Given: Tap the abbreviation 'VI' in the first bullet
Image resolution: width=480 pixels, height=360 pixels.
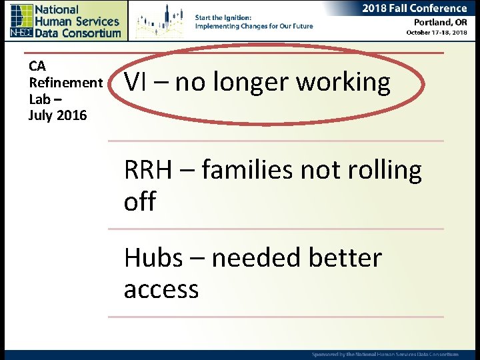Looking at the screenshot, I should [135, 82].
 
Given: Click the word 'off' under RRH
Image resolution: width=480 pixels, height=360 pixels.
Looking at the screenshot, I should [139, 201].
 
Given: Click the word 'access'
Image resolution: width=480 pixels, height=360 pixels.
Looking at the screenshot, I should [161, 290].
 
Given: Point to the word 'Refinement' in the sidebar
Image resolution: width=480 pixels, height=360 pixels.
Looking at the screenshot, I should [65, 82].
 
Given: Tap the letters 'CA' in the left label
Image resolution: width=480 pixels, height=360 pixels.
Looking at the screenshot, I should [37, 66].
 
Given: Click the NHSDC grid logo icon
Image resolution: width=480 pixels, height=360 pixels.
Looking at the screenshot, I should [21, 21].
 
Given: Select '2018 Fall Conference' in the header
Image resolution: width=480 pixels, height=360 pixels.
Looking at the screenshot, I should [414, 9].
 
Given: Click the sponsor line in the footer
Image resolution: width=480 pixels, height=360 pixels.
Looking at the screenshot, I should [385, 353].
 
